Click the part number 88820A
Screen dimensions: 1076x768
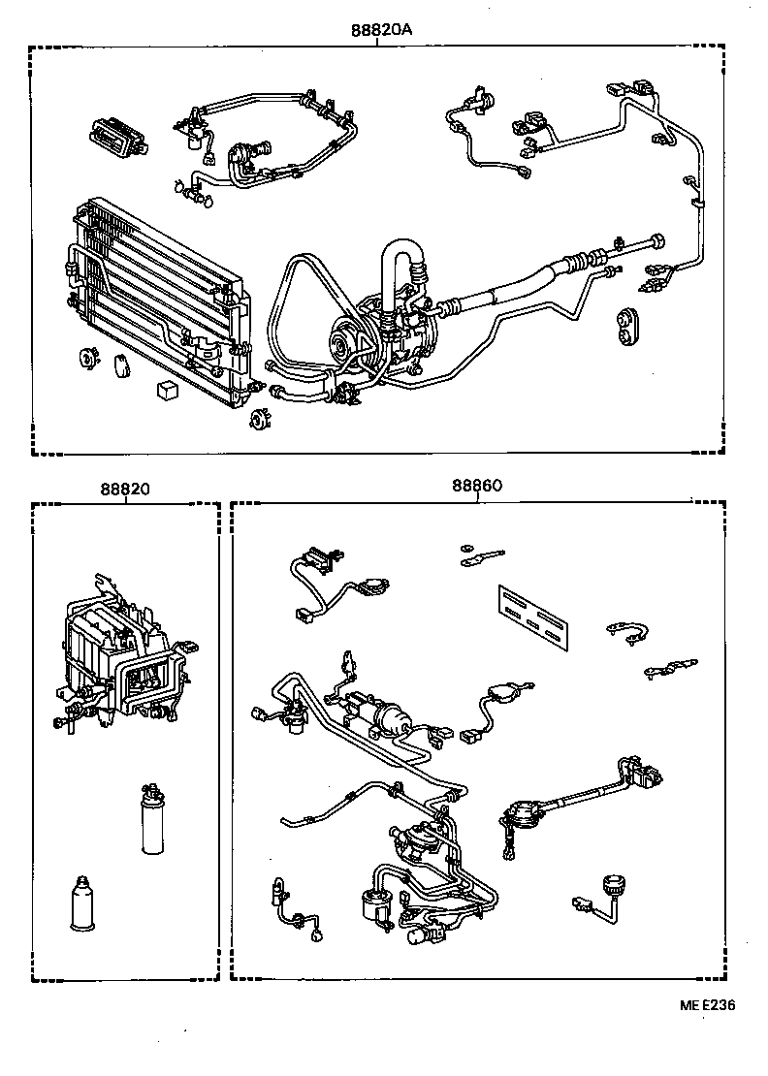[x=381, y=29]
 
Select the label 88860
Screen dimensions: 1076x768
[x=475, y=488]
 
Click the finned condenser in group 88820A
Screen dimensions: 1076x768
[x=155, y=301]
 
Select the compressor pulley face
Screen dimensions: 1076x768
[x=340, y=343]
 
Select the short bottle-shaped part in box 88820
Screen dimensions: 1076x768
[x=84, y=903]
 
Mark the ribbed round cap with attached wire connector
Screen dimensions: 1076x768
[x=611, y=885]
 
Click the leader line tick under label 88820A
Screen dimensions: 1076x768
[x=381, y=43]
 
